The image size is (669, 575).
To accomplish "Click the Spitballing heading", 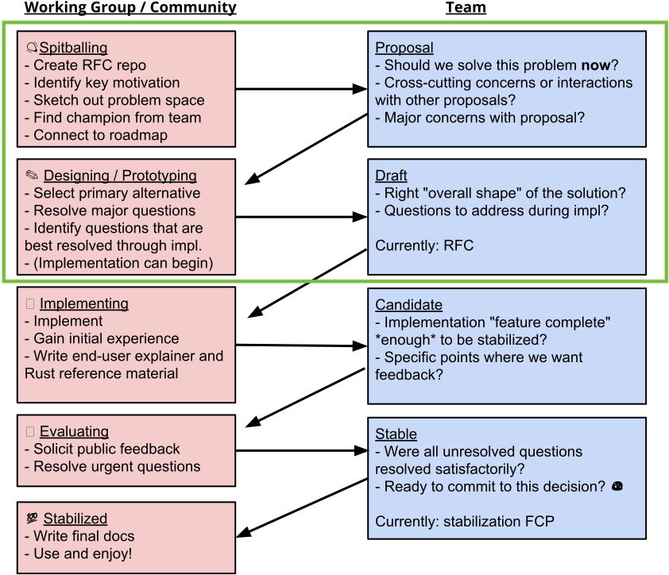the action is (x=73, y=48).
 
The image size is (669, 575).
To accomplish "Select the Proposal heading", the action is (x=404, y=48).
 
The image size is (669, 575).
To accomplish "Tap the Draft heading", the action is (x=391, y=176).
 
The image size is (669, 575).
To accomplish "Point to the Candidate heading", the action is (x=408, y=304).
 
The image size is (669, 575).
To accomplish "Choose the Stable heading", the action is (x=396, y=434).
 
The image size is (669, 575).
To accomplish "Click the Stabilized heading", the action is (x=75, y=519).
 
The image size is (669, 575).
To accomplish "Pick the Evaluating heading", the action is (x=74, y=431).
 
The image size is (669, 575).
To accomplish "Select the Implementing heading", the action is (x=84, y=303).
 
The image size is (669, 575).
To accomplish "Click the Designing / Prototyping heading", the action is (x=120, y=176).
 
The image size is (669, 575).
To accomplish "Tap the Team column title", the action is (x=466, y=8).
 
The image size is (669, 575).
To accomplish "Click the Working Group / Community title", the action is (x=130, y=8).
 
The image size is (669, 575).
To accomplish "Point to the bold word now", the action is (x=596, y=65).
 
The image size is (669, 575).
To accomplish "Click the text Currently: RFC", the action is (x=424, y=245).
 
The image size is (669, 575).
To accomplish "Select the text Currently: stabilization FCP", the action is (x=465, y=521).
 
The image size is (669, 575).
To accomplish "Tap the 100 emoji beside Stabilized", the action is (x=32, y=519).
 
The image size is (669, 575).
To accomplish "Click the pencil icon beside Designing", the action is (x=32, y=175).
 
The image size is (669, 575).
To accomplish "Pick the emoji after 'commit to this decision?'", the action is (x=617, y=486).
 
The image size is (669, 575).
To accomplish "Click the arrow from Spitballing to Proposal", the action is (x=301, y=89).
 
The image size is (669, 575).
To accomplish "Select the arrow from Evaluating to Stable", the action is (x=302, y=450).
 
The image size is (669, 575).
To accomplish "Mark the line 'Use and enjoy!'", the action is (x=79, y=554).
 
